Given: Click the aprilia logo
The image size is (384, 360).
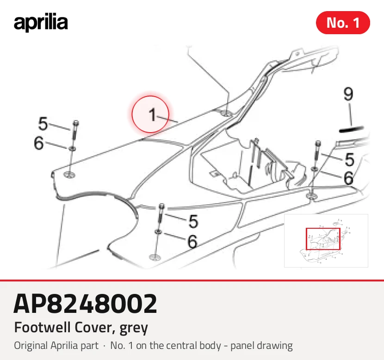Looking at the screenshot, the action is pos(41,23).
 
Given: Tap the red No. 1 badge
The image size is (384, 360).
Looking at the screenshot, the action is pos(343,23).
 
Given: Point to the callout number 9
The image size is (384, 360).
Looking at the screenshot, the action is pos(348,94).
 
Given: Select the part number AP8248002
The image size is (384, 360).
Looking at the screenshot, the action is pos(85,304).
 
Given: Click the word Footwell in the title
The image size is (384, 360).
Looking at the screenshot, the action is pos(43,327).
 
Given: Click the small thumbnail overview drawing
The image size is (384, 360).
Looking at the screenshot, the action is pos(326,241).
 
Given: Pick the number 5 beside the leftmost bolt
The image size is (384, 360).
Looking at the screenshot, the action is pos(43,123).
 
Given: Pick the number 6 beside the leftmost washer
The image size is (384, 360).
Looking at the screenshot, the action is pos(39,143).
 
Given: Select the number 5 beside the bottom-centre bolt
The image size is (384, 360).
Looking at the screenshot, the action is pos(193,221).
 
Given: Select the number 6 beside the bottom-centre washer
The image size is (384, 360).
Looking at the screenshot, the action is pos(192,241).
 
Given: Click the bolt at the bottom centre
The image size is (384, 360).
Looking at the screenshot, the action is pos(161,214).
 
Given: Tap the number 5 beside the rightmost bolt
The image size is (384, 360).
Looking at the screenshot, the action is pos(349,159).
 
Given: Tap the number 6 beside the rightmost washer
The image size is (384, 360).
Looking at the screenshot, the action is pos(348,178).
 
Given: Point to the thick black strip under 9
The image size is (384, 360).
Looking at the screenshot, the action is pos(351,129).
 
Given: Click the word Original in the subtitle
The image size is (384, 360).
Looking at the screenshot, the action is pos(31,346).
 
